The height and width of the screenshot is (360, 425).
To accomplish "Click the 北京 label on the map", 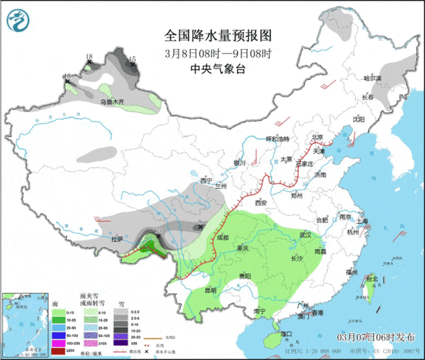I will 316,137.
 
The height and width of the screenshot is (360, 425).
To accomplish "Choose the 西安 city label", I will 259,203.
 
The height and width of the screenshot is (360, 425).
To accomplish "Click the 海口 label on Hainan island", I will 286,334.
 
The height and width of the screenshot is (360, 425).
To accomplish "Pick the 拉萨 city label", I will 117,238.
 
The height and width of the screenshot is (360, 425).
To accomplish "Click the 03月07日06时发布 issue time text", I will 375,336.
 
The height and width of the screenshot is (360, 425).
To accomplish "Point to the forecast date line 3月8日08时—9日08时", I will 218,53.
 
